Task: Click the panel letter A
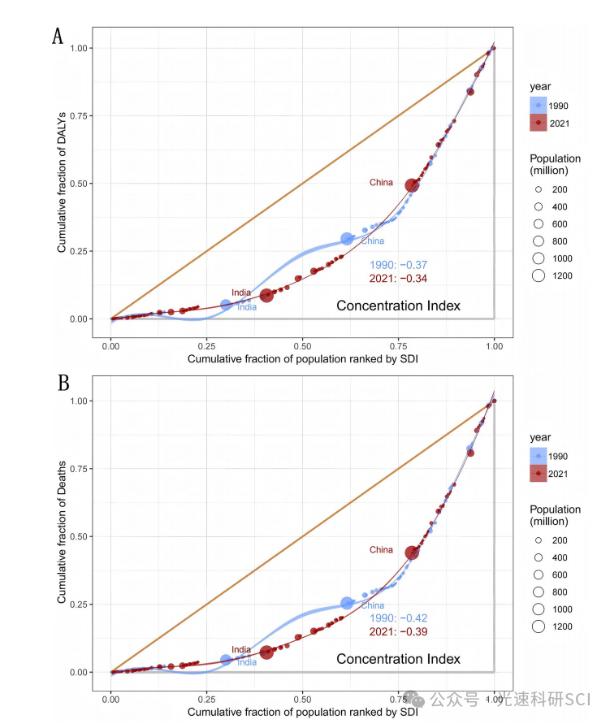(x=58, y=36)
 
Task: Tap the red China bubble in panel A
(x=413, y=185)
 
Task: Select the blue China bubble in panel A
(x=348, y=238)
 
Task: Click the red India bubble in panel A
(x=266, y=295)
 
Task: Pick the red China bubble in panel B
(x=413, y=553)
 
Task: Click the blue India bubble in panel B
(x=226, y=660)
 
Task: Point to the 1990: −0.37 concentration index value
(x=398, y=265)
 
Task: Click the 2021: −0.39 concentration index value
(x=398, y=631)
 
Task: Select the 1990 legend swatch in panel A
(x=538, y=106)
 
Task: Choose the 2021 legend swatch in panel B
(x=538, y=474)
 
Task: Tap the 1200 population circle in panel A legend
(x=538, y=275)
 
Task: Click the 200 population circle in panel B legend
(x=538, y=540)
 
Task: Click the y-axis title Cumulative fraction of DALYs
(x=62, y=183)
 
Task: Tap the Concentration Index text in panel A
(x=398, y=306)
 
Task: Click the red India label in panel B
(x=241, y=649)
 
